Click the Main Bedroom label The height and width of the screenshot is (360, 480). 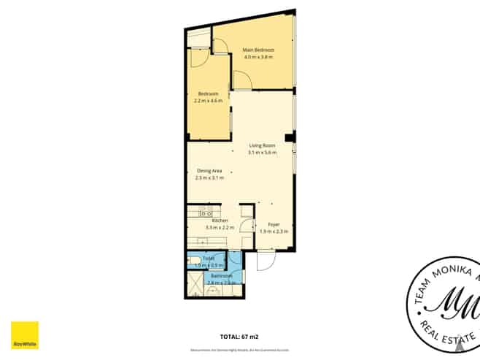[x=258, y=50]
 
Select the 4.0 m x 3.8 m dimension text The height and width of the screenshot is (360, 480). [x=258, y=57]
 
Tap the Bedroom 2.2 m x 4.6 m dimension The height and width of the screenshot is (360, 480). [x=209, y=100]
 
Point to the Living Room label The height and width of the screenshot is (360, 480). [x=261, y=145]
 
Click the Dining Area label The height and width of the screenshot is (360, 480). [x=209, y=171]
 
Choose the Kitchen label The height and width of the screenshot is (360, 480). [x=220, y=221]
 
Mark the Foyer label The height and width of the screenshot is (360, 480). [x=274, y=224]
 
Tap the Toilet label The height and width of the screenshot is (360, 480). [x=208, y=258]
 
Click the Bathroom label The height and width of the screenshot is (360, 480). [x=222, y=276]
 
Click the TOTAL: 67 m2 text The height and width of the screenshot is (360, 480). [x=240, y=337]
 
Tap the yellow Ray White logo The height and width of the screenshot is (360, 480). [x=24, y=335]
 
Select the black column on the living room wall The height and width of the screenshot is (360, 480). [x=290, y=137]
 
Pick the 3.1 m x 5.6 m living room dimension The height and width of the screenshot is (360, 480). [x=261, y=153]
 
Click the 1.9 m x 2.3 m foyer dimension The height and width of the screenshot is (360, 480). [x=274, y=231]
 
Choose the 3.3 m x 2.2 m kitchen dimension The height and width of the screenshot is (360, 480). [x=220, y=228]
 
